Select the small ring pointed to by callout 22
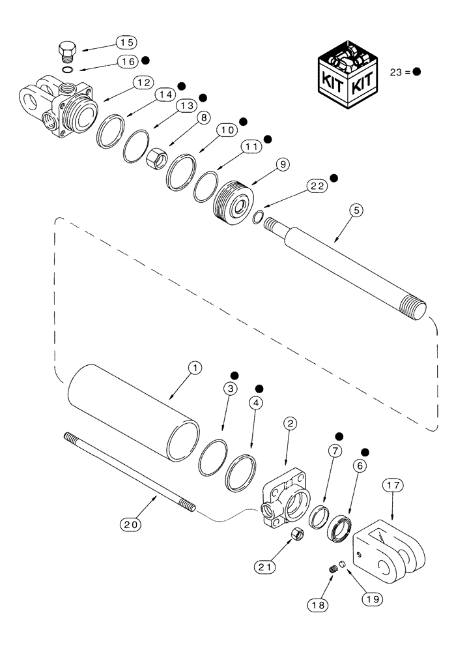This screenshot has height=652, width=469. (x=259, y=217)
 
